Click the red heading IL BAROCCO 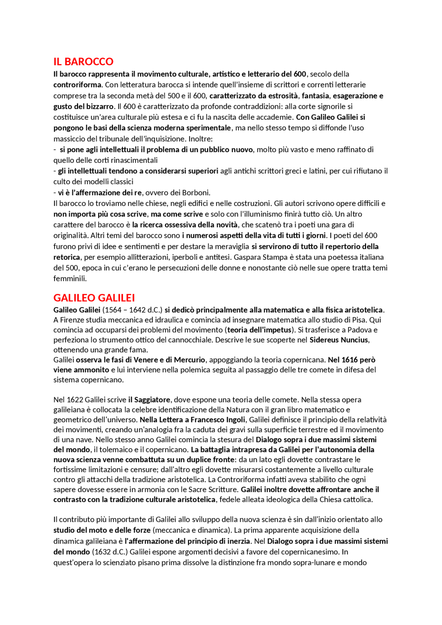coord(83,61)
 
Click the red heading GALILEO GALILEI coord(94,298)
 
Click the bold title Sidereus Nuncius coord(339,340)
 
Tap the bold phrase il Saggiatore coord(149,400)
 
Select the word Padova coord(359,330)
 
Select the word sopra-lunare coord(313,563)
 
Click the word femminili coord(70,279)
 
